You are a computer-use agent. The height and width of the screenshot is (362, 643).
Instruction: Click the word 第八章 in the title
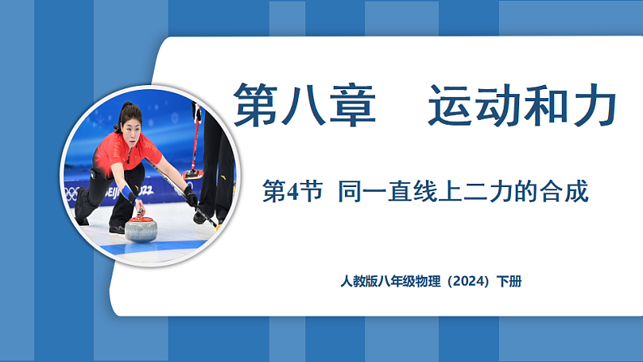pos(304,106)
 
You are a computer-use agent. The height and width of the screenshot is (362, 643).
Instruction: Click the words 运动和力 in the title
pos(522,106)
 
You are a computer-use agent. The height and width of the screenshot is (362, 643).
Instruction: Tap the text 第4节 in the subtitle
pos(292,193)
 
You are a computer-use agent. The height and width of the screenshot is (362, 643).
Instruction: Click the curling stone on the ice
pos(143,228)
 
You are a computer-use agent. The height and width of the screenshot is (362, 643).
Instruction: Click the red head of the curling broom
pos(193,173)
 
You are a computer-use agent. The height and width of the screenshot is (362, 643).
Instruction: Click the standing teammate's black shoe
pos(200,217)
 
